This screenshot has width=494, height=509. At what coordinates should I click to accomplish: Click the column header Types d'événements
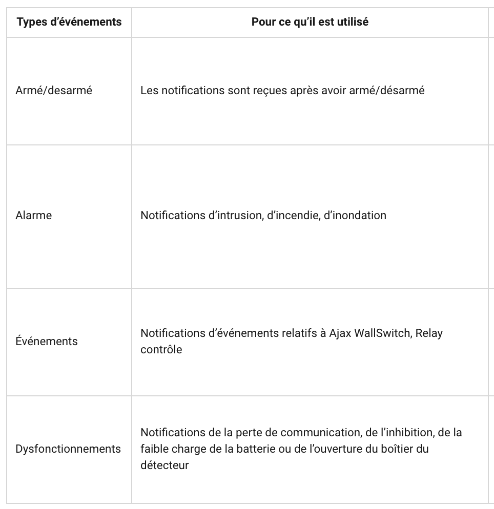click(x=69, y=22)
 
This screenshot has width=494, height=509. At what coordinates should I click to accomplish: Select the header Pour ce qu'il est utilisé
click(x=310, y=22)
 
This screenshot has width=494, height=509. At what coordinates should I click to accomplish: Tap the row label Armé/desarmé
click(x=54, y=91)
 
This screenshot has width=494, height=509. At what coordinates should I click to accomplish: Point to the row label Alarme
click(x=34, y=215)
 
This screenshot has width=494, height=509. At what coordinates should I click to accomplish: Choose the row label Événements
click(x=47, y=341)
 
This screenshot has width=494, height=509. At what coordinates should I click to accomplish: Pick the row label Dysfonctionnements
click(x=68, y=449)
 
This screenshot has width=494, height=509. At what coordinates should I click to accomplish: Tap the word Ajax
click(x=340, y=333)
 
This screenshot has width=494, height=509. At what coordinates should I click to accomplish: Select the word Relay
click(x=429, y=333)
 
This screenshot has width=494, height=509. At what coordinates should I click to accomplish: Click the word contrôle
click(x=161, y=350)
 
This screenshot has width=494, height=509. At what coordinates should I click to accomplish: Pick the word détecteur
click(x=164, y=465)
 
